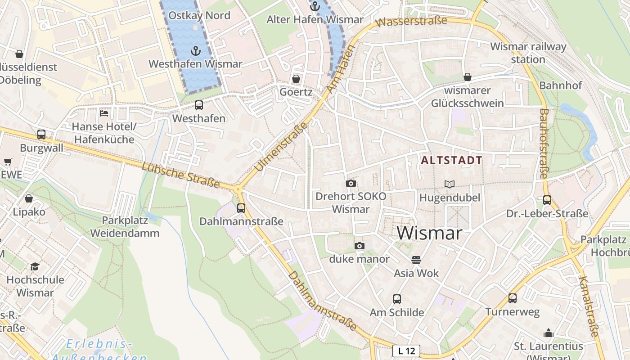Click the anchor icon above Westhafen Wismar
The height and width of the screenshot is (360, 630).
(195, 50)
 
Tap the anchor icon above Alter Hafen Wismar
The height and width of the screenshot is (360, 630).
(315, 6)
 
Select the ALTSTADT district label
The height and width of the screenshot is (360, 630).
(451, 160)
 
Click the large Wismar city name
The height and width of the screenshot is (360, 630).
(429, 233)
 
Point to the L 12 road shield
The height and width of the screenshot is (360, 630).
(406, 351)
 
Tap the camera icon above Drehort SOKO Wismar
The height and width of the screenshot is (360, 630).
(351, 183)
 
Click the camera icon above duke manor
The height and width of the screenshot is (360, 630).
(359, 246)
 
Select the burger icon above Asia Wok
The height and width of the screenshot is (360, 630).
(416, 260)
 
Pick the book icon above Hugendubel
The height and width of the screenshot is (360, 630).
(450, 184)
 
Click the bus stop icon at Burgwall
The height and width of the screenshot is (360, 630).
(41, 135)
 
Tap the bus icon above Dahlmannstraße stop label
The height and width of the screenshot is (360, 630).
(241, 208)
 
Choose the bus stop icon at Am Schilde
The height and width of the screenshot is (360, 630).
(397, 299)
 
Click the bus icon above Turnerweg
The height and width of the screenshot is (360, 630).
(512, 298)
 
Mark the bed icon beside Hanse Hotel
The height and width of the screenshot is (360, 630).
(104, 113)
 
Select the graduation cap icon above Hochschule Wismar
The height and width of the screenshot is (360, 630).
(35, 266)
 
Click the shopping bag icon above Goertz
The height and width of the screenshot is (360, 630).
(296, 79)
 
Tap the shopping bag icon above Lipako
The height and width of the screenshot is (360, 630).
(29, 198)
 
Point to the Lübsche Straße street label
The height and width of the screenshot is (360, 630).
(180, 175)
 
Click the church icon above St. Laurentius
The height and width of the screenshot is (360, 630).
(549, 333)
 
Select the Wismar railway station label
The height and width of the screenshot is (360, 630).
(528, 53)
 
